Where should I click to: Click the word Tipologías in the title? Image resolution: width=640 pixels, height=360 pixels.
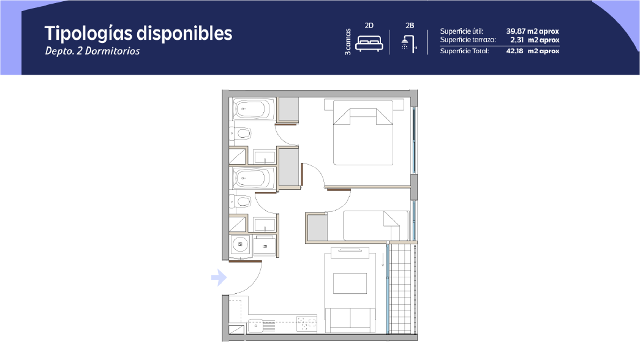click(x=89, y=34)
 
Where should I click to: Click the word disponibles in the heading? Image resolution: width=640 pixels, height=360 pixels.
click(x=184, y=33)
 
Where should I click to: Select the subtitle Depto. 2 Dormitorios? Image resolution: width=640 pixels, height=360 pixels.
click(x=92, y=51)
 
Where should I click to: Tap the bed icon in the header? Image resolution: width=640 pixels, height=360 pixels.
click(x=369, y=43)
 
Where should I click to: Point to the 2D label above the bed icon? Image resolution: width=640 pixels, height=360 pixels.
click(x=369, y=25)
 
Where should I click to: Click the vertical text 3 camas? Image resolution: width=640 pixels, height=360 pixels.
click(x=348, y=42)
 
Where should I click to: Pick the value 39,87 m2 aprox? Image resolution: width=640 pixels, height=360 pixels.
click(x=533, y=31)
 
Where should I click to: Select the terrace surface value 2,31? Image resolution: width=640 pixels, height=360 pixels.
click(x=517, y=40)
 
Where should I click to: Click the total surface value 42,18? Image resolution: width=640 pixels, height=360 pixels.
click(x=514, y=51)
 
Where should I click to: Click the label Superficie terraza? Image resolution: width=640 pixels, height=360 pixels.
click(x=468, y=40)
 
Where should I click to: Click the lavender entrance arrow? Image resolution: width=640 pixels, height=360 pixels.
click(x=219, y=277)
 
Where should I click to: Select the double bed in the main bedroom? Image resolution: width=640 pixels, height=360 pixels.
click(x=363, y=133)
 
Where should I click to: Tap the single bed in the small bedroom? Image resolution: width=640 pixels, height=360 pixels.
click(x=376, y=226)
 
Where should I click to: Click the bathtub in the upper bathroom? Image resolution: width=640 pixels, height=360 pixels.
click(x=251, y=109)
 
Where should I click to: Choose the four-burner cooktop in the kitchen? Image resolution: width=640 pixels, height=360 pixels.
click(x=307, y=324)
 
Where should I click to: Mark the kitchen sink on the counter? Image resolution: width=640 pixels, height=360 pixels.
click(x=255, y=326)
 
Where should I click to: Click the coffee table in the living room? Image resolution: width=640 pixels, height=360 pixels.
click(x=350, y=283)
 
